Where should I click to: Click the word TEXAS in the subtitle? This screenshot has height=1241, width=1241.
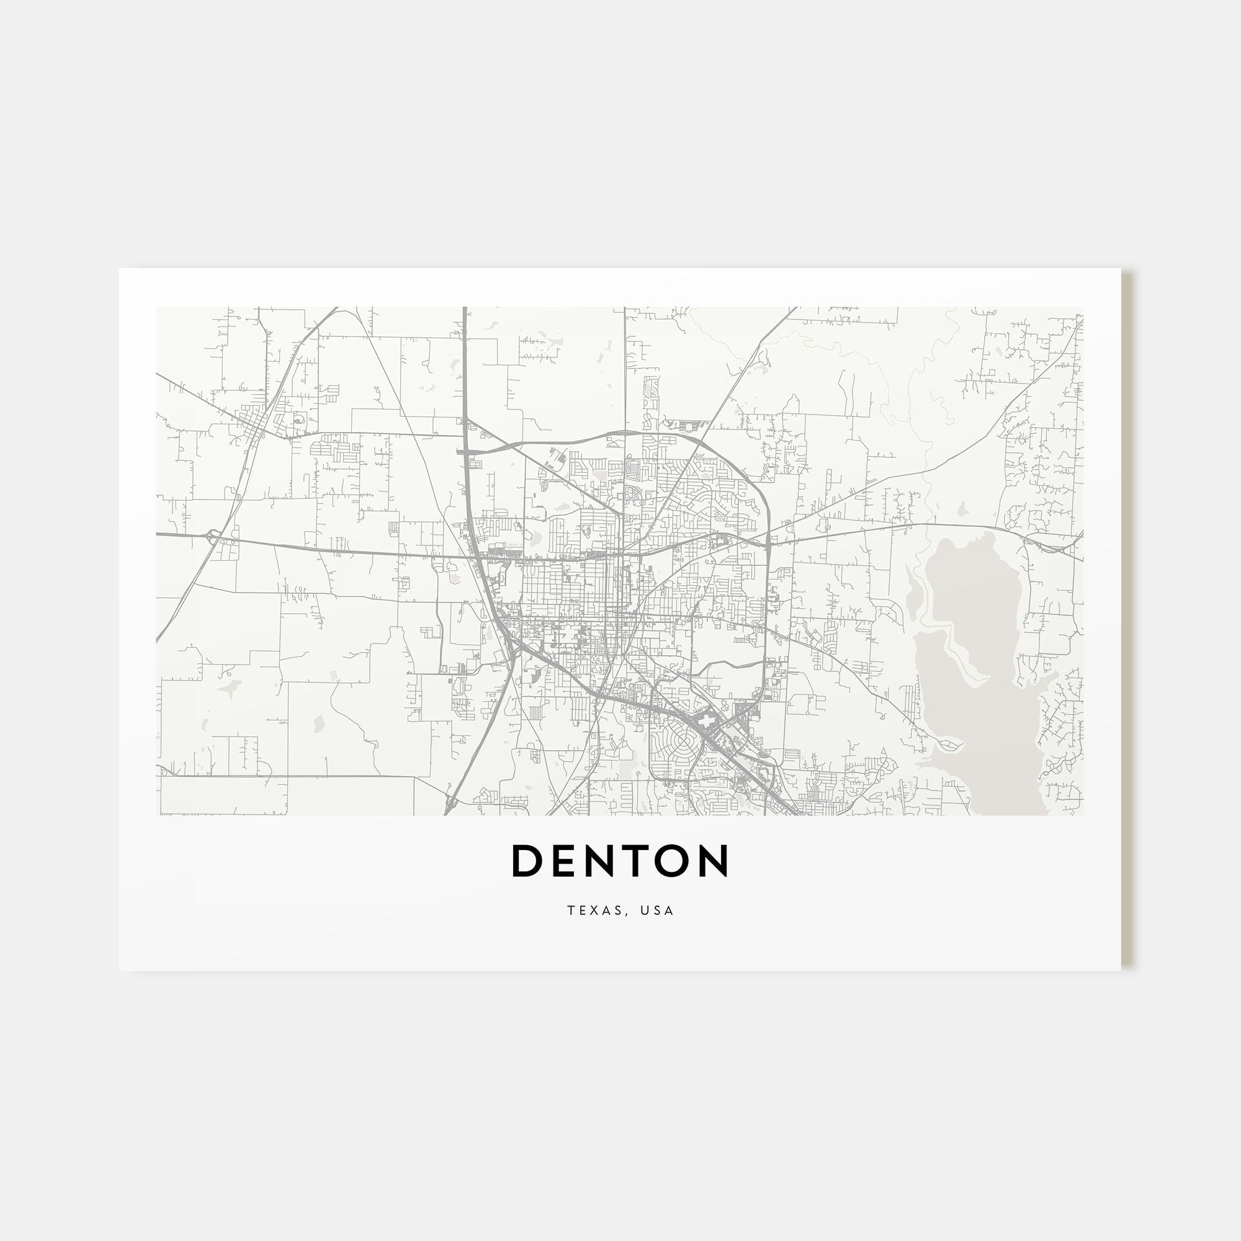(594, 911)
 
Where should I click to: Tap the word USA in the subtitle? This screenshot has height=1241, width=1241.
(656, 911)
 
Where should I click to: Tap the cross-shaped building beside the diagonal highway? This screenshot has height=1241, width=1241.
(707, 724)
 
